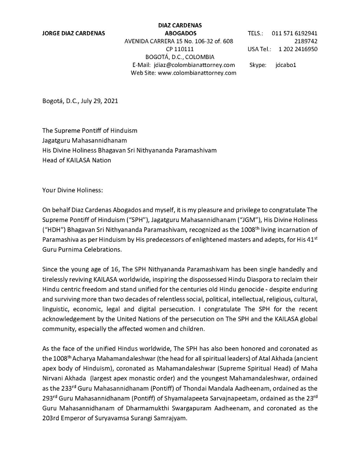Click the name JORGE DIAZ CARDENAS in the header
(x=74, y=33)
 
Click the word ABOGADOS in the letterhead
(x=180, y=33)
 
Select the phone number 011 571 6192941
(x=294, y=33)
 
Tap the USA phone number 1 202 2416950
(x=298, y=49)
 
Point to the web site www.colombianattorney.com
(x=197, y=73)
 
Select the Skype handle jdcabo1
(x=286, y=65)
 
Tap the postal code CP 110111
(x=180, y=49)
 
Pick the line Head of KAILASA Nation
(x=77, y=160)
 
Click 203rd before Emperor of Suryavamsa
(x=50, y=418)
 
